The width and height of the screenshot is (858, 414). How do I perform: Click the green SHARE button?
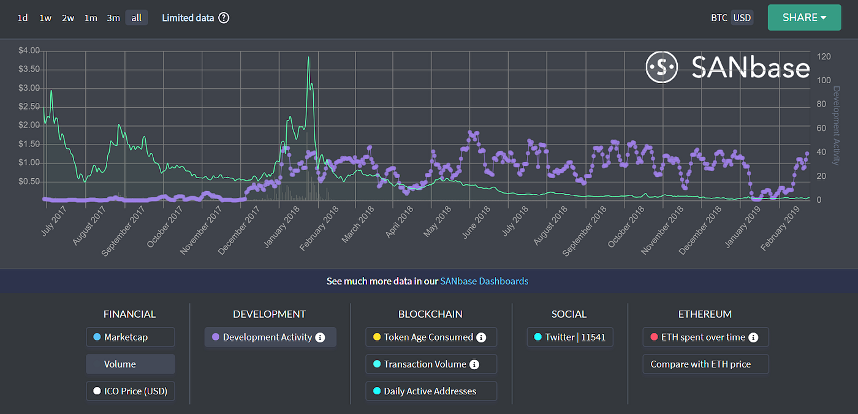pyautogui.click(x=804, y=18)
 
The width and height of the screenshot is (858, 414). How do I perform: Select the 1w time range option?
pyautogui.click(x=45, y=18)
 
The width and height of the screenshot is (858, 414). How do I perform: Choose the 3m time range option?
pyautogui.click(x=113, y=18)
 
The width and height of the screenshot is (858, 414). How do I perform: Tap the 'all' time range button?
pyautogui.click(x=136, y=18)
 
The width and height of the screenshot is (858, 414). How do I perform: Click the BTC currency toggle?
pyautogui.click(x=719, y=18)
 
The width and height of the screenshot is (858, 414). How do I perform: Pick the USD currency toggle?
pyautogui.click(x=742, y=18)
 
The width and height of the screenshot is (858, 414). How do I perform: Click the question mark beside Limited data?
pyautogui.click(x=224, y=18)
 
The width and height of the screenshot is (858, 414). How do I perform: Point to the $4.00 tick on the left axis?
pyautogui.click(x=30, y=50)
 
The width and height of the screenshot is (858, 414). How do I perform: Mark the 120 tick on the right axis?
pyautogui.click(x=824, y=56)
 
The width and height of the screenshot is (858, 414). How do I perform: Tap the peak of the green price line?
pyautogui.click(x=308, y=57)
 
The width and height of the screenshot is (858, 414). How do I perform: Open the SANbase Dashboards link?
pyautogui.click(x=484, y=281)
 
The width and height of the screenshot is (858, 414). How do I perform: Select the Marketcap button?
pyautogui.click(x=130, y=337)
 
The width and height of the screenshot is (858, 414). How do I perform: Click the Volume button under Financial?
pyautogui.click(x=130, y=364)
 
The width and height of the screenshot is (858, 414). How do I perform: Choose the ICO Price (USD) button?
pyautogui.click(x=130, y=391)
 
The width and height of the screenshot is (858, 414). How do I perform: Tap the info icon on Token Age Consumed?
pyautogui.click(x=481, y=337)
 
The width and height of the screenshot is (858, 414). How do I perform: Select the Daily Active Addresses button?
pyautogui.click(x=430, y=391)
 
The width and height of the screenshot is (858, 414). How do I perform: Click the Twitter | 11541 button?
pyautogui.click(x=569, y=337)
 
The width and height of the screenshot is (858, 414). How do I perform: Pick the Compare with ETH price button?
pyautogui.click(x=705, y=364)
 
